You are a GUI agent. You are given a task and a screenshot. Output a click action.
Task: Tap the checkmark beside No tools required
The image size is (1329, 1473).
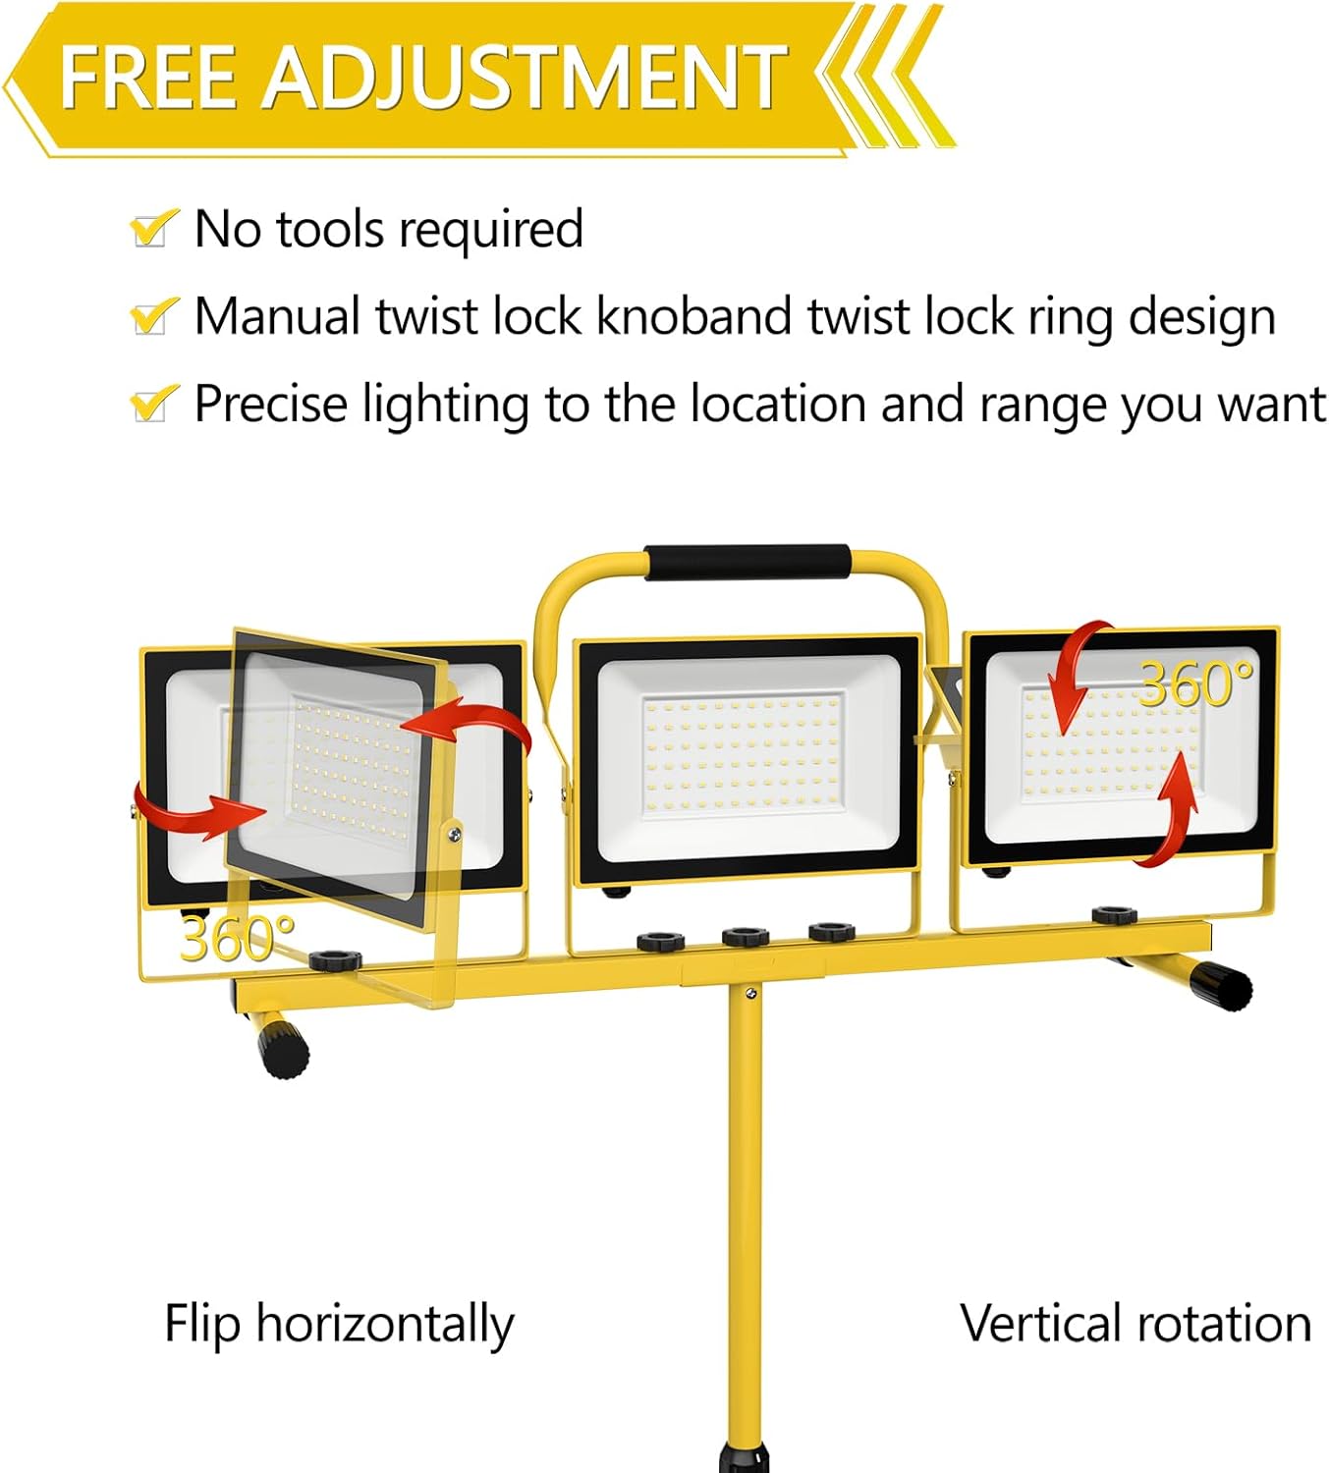pos(153,228)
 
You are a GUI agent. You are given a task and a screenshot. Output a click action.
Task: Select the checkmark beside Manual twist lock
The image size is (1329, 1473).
pos(153,315)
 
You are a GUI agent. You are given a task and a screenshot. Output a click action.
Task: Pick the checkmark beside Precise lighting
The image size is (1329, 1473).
pos(153,403)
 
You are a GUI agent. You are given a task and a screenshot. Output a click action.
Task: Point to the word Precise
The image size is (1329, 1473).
pos(270,404)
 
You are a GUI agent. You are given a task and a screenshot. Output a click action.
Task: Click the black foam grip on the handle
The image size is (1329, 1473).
pos(747,562)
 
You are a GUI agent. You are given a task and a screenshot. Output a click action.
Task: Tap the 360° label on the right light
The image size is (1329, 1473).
pos(1195,682)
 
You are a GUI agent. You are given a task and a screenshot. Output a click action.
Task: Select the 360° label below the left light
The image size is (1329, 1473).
pos(237,938)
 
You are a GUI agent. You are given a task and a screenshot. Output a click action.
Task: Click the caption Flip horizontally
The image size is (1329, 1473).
pos(338,1324)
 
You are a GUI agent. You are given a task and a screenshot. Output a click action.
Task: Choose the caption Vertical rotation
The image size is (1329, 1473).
pos(1135,1324)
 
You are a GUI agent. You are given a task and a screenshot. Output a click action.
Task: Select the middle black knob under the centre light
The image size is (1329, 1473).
pos(746,935)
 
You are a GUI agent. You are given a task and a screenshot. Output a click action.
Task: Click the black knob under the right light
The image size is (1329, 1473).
pos(1114,915)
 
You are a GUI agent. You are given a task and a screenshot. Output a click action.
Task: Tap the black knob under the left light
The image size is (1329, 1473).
pos(335,959)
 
